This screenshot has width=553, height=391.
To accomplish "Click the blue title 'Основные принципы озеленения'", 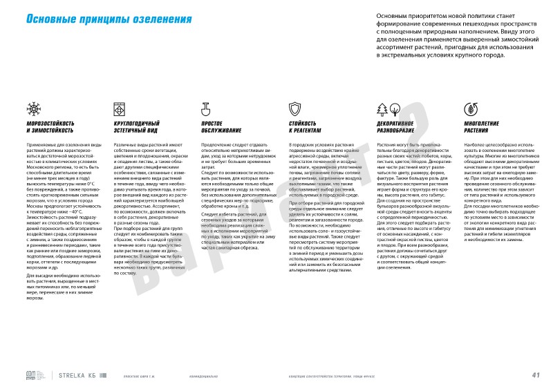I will [x=109, y=19].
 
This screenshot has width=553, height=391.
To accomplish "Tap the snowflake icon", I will [x=33, y=108].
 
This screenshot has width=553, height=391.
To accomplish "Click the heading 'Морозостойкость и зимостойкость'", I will [x=50, y=126].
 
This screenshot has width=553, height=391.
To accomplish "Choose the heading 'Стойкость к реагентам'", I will [x=305, y=126].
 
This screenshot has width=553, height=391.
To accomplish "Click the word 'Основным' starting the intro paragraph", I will [x=392, y=14].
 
